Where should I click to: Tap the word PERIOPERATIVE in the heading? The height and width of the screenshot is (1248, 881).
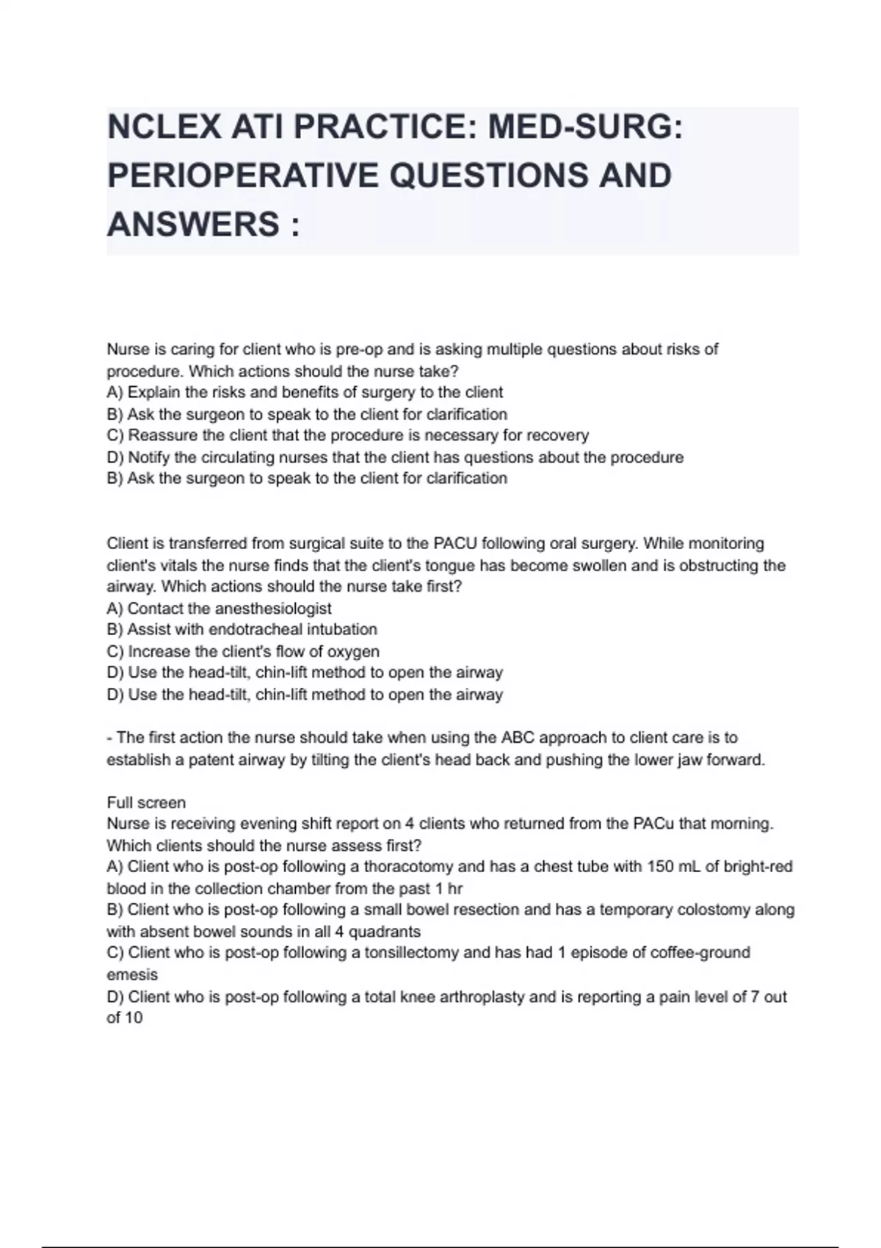[242, 175]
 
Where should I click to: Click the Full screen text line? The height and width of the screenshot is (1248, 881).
[146, 802]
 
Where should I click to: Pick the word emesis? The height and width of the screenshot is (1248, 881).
[132, 975]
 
